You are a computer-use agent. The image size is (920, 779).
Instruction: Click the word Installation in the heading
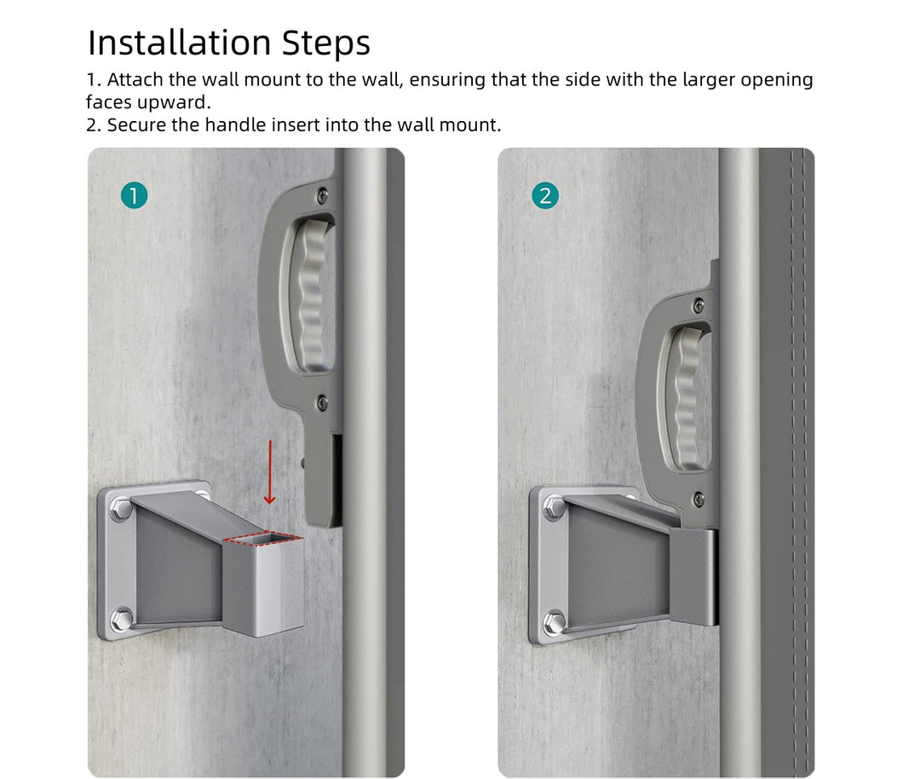[x=180, y=43]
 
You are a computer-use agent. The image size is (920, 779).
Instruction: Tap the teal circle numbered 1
[x=134, y=195]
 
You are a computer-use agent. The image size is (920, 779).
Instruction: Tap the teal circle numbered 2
[x=545, y=195]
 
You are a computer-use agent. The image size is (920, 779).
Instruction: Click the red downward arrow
[x=269, y=472]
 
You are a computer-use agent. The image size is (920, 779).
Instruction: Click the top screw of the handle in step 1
[x=322, y=195]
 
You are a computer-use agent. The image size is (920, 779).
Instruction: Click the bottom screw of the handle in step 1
[x=322, y=402]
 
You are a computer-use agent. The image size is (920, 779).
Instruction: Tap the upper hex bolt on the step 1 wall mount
[x=122, y=508]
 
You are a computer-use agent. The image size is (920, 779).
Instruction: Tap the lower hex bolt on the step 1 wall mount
[x=122, y=619]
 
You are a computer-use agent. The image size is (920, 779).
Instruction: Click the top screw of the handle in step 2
[x=699, y=305]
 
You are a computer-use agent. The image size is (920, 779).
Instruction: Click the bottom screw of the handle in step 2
[x=699, y=499]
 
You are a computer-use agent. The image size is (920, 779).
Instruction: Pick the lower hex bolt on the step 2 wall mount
[x=555, y=621]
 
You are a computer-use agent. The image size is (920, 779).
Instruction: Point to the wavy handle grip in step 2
[x=687, y=399]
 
